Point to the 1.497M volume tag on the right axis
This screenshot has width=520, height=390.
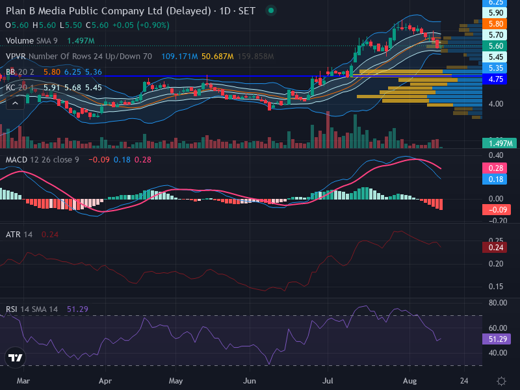pos(499,143)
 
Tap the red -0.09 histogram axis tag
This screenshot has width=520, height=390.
pos(496,210)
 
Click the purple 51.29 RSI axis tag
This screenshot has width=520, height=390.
pos(496,339)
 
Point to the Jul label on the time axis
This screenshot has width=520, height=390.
pos(328,381)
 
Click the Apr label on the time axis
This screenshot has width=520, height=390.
pos(105,381)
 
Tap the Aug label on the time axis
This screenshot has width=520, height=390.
pos(410,381)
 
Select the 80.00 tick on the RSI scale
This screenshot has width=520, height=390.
pos(498,303)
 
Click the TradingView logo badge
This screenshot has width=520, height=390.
pos(15,357)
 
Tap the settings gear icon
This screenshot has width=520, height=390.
pos(501,381)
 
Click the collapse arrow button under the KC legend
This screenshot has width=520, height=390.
pos(15,103)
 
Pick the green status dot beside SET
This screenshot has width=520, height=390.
pos(271,10)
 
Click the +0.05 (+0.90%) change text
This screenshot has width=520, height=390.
pos(140,25)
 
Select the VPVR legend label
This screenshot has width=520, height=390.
pos(16,57)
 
